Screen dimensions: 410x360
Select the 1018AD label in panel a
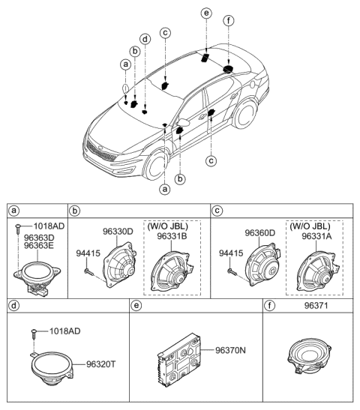click(x=43, y=225)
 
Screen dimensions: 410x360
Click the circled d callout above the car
click(x=144, y=39)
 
